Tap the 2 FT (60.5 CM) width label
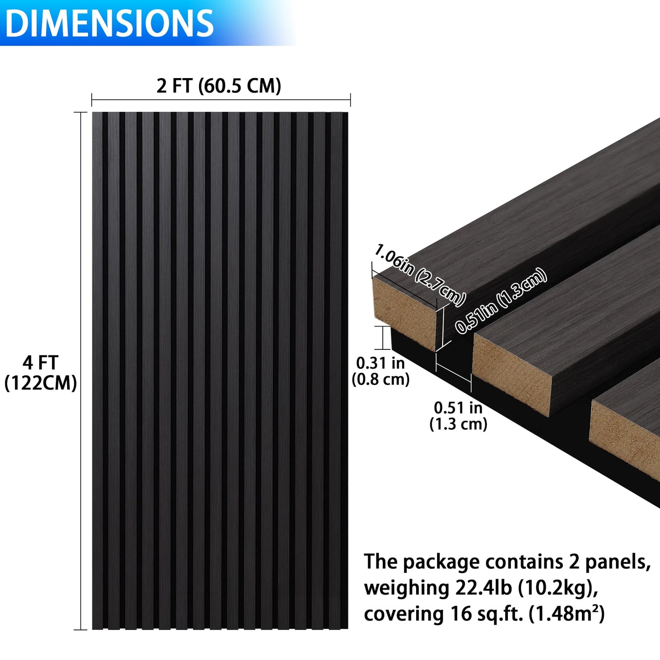coord(219,86)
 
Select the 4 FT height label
coord(40,363)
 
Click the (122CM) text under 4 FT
coord(40,383)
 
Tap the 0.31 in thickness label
coord(380,363)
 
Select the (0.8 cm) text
coord(380,379)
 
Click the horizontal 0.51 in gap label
coord(458,407)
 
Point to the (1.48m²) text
coord(567,614)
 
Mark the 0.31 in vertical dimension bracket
coord(382,338)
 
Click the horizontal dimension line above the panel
coord(221,100)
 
